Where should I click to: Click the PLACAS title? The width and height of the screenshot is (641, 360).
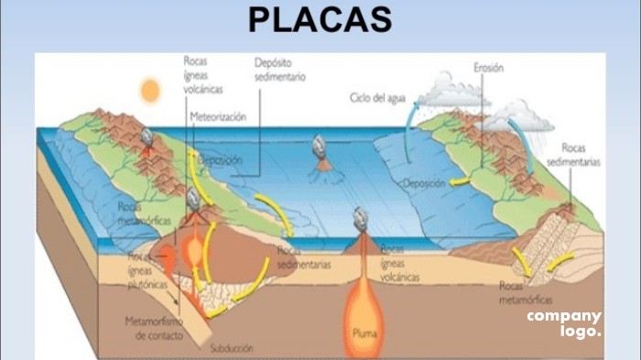(x=320, y=19)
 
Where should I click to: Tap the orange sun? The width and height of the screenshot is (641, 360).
(x=149, y=90)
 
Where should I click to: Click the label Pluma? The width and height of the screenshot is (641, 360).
(x=364, y=333)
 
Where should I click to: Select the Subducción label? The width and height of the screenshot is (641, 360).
(x=233, y=348)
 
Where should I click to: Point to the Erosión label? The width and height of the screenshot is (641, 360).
(x=490, y=67)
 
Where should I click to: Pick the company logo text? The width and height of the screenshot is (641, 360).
(x=564, y=322)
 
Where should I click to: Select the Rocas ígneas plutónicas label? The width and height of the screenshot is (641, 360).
(x=147, y=269)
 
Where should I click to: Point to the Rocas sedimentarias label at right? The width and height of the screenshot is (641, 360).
(x=573, y=154)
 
